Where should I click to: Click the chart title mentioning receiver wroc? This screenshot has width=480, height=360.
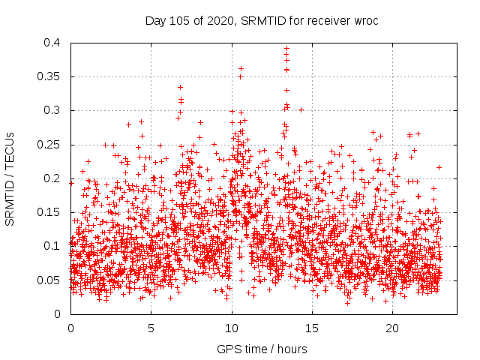[262, 20]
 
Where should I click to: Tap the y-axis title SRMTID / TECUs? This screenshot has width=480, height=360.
[10, 178]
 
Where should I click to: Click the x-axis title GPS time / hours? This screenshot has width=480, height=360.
[262, 349]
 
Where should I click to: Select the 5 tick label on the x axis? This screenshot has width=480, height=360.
[151, 328]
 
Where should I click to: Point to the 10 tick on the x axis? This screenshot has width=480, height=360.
[232, 328]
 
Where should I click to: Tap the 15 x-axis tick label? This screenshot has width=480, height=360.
[312, 328]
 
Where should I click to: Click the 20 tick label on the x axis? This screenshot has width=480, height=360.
[392, 328]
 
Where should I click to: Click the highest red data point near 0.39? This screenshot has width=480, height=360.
[286, 48]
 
